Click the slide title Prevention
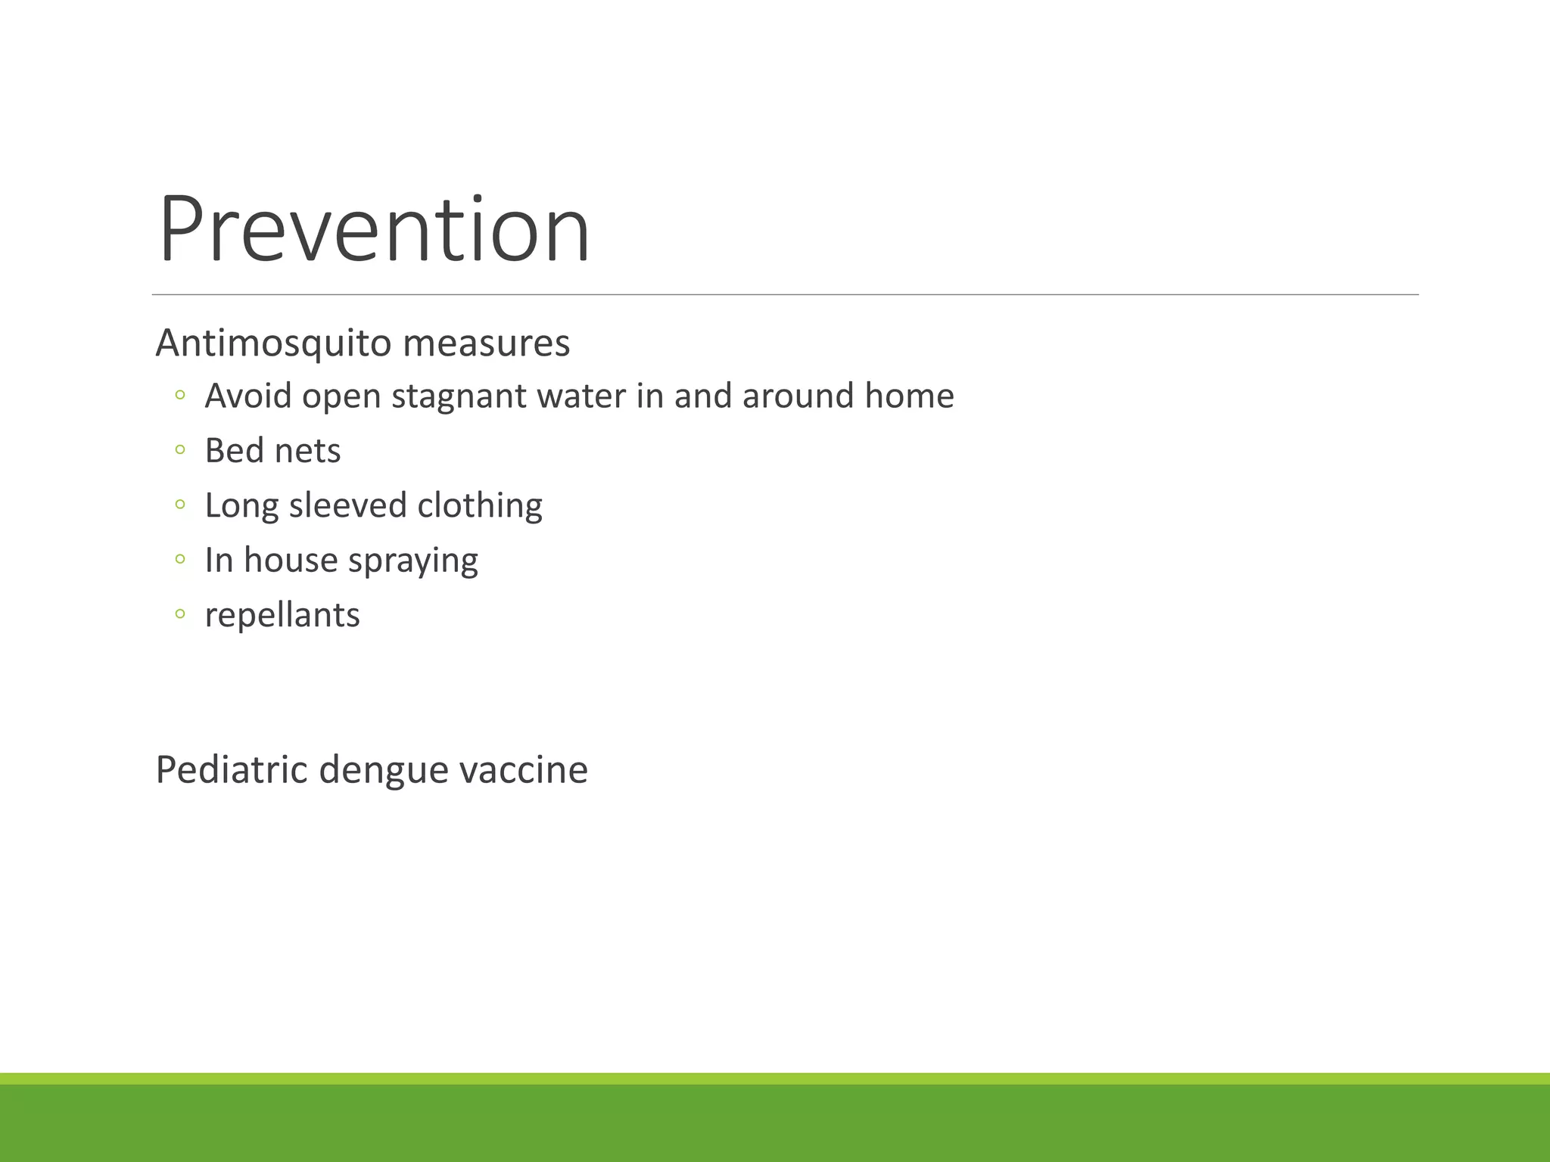point(374,229)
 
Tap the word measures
point(486,343)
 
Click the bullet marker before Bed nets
point(179,450)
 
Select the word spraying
point(412,561)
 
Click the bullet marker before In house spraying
point(179,560)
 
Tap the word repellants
point(282,615)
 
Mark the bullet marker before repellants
point(179,614)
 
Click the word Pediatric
point(231,770)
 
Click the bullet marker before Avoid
point(179,395)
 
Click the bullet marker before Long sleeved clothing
point(179,505)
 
